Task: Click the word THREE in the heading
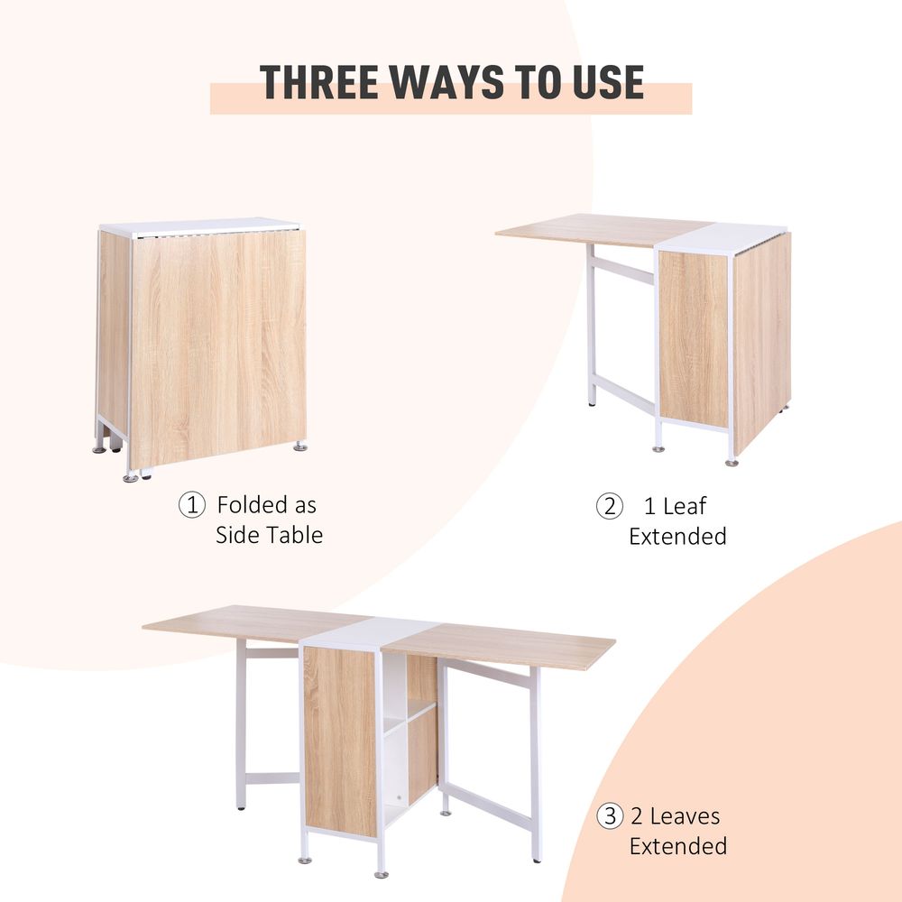tap(318, 82)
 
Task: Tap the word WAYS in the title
tap(446, 82)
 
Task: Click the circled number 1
tap(191, 505)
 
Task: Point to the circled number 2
tap(609, 506)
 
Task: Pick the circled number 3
tap(610, 816)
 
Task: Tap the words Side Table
tap(269, 535)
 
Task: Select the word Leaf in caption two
tap(685, 506)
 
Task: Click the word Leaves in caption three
tap(685, 816)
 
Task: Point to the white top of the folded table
tap(199, 226)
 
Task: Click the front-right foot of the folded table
tap(299, 446)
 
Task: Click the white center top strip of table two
tap(721, 238)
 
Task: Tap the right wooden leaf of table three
tap(499, 646)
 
